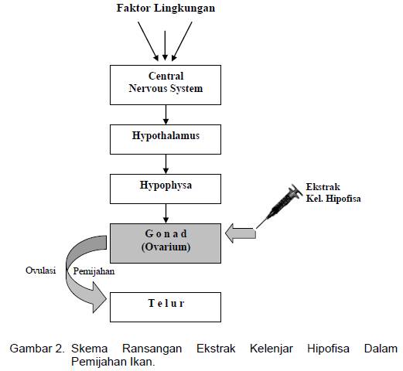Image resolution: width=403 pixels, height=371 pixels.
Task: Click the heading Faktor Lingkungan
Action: [165, 9]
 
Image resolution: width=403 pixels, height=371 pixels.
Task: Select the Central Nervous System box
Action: [165, 83]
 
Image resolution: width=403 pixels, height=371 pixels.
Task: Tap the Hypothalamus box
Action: [165, 136]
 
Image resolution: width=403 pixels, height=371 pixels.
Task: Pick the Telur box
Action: [165, 305]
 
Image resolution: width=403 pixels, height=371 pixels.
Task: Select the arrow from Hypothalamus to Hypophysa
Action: [165, 163]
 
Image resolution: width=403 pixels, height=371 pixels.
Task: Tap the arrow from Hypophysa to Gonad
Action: [165, 213]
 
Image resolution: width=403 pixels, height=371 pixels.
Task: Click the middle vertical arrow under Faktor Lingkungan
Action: [165, 42]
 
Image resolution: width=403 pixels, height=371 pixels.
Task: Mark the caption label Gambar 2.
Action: [36, 349]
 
